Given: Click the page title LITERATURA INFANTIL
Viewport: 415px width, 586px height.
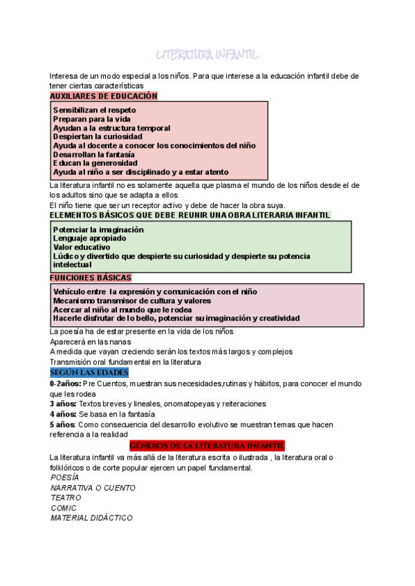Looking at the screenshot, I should tap(207, 55).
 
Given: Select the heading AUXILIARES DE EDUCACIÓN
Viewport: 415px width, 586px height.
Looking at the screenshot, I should tap(104, 96).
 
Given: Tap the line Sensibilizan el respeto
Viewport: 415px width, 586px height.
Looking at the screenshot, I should tap(95, 110).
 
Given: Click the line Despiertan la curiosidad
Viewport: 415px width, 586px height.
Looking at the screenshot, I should tap(98, 137).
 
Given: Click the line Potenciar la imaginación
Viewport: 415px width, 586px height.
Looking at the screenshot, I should tap(98, 229).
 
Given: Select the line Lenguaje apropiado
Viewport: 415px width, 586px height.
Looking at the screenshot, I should tap(89, 238).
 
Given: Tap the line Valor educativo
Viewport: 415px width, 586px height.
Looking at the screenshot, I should tap(82, 247).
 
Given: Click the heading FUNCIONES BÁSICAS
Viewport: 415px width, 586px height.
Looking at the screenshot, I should tap(91, 278).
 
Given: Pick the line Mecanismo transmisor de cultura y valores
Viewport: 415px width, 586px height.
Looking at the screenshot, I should tap(132, 301).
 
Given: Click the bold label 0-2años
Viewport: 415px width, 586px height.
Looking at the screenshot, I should tap(65, 383).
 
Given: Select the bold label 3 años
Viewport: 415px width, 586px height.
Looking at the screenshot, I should tap(63, 404).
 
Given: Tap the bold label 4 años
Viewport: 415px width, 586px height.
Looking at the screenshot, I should tap(63, 414).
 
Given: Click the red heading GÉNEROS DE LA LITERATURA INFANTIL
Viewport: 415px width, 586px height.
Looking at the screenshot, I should tap(207, 446).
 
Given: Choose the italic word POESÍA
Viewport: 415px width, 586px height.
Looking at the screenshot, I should tap(65, 478).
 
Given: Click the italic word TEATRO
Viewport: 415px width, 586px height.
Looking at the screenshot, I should tap(66, 498).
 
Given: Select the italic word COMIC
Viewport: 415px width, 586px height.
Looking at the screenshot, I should tap(64, 508).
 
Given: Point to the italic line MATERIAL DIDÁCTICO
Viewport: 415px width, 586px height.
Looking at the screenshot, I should tap(91, 518).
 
